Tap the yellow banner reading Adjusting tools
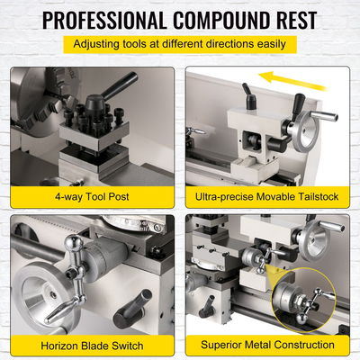[179, 42]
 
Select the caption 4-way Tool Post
[94, 194]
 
